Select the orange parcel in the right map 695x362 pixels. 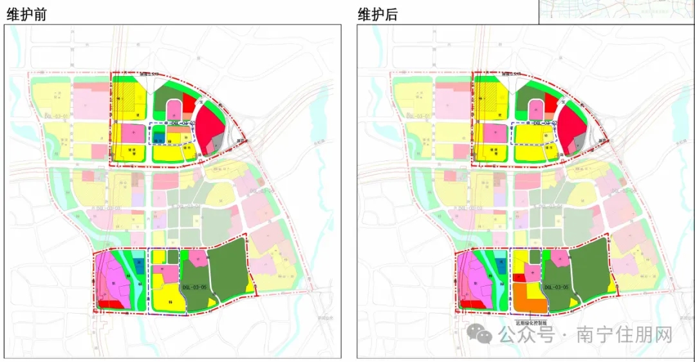pos(527,298)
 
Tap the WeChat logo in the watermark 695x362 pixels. pos(479,334)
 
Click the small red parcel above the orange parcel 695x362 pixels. pos(519,278)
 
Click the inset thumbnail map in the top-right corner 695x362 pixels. pos(616,12)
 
